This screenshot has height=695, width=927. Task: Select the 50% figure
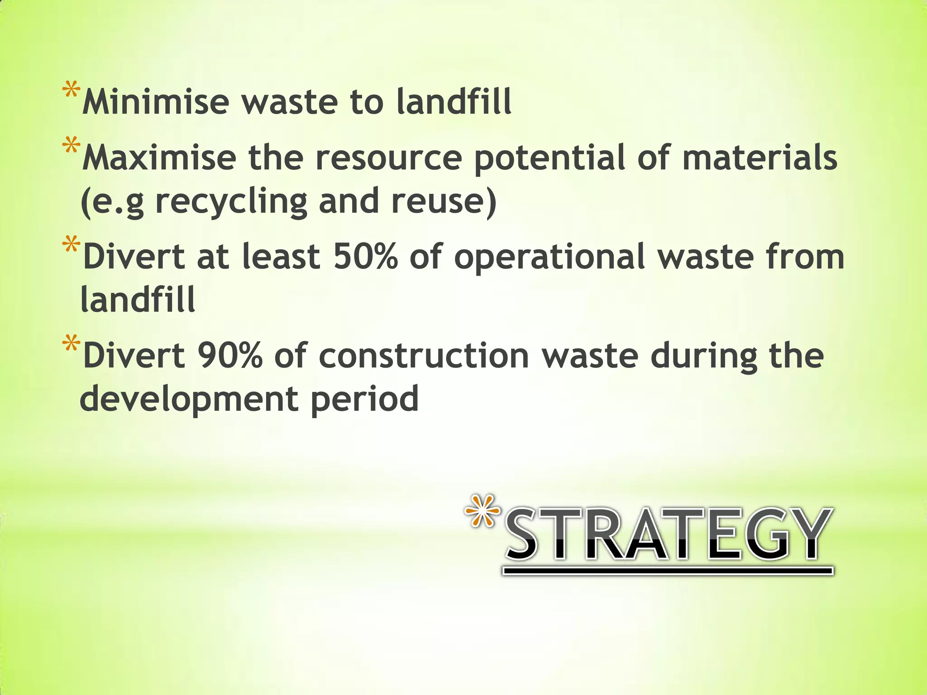(365, 256)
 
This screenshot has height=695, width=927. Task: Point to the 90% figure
(229, 355)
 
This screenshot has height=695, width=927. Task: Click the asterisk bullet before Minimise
(71, 91)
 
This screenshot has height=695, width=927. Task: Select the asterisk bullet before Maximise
(71, 148)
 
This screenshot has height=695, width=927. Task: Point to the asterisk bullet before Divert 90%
(71, 344)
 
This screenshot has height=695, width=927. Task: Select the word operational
(550, 256)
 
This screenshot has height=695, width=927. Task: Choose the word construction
(424, 355)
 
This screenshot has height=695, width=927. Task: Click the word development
(189, 399)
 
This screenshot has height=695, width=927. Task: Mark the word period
(364, 399)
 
